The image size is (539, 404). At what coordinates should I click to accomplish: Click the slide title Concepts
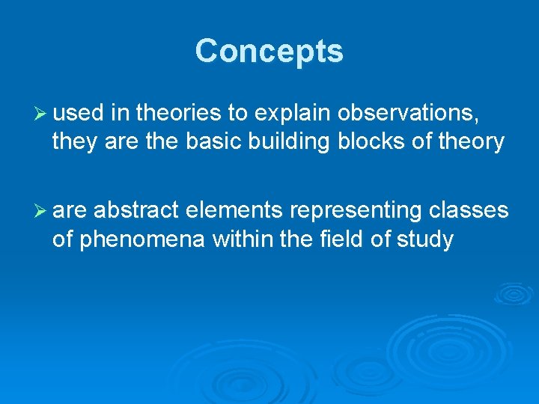(269, 52)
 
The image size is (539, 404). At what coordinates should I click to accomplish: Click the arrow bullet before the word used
(40, 114)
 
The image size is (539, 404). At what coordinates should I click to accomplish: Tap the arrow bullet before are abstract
(40, 212)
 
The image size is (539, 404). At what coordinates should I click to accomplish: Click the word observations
(408, 114)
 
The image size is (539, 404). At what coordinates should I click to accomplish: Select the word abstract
(137, 212)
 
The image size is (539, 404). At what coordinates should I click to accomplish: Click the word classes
(469, 212)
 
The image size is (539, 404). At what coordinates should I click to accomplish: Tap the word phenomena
(141, 239)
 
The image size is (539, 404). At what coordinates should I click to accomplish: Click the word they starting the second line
(76, 141)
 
